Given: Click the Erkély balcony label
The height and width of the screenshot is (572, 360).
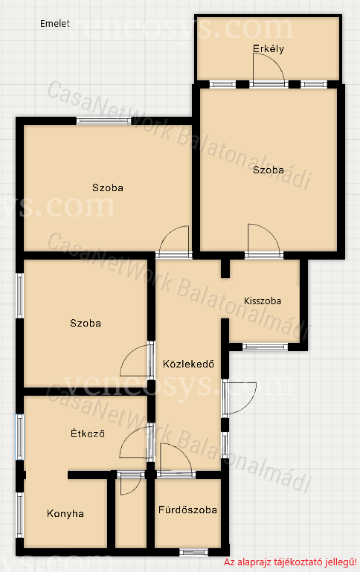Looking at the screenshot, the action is click(x=269, y=49).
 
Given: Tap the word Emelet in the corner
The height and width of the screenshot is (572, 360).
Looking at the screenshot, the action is click(x=55, y=24).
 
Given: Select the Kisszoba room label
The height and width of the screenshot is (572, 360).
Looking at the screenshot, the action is click(x=263, y=301).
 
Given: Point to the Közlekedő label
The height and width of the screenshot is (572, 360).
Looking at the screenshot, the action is click(x=188, y=364).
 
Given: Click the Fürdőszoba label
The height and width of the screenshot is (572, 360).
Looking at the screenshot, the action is click(x=187, y=510).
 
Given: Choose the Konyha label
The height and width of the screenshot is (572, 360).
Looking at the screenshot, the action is click(x=65, y=514).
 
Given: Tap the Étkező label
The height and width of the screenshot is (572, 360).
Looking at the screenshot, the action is click(x=88, y=433).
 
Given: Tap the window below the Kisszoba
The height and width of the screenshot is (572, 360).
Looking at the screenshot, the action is click(x=266, y=347).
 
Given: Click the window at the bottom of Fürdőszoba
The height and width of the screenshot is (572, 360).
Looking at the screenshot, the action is click(x=193, y=553).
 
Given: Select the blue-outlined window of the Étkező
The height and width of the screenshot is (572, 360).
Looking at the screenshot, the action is click(x=19, y=437).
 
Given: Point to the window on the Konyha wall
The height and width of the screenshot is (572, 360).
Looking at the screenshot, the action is click(x=19, y=515).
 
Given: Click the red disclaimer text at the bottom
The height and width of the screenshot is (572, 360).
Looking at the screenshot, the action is click(x=290, y=562).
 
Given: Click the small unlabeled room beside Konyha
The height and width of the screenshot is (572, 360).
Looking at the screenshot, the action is click(x=131, y=514).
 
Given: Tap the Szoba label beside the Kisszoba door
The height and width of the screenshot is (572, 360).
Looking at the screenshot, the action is click(x=86, y=324).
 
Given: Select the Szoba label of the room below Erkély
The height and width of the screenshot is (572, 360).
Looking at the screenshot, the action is click(x=269, y=170).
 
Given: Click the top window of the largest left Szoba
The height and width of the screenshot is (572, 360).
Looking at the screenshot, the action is click(x=103, y=120).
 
